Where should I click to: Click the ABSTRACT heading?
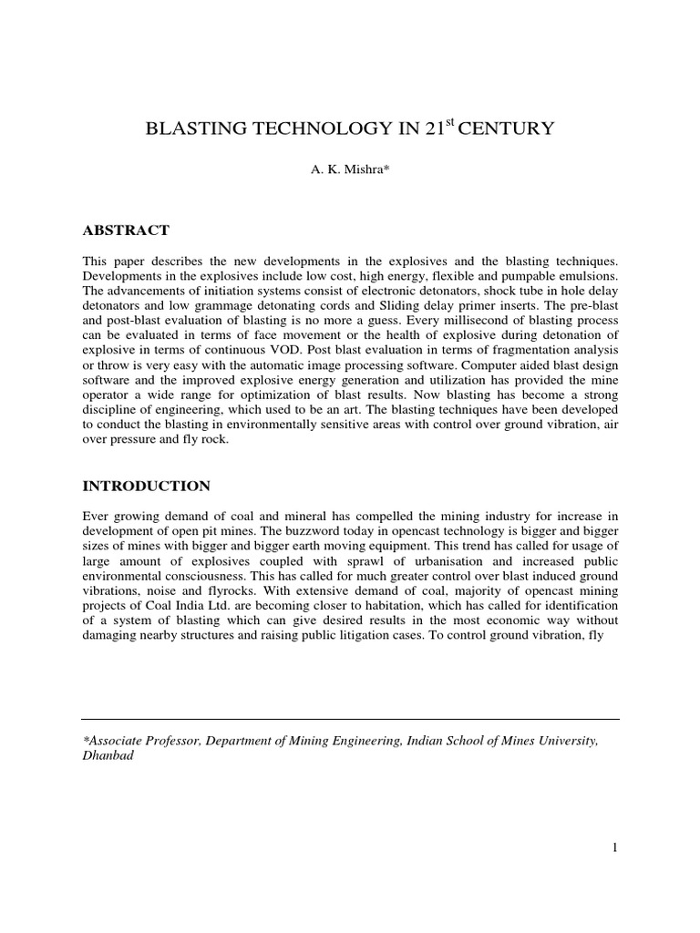click(125, 231)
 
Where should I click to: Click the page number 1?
click(615, 847)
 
